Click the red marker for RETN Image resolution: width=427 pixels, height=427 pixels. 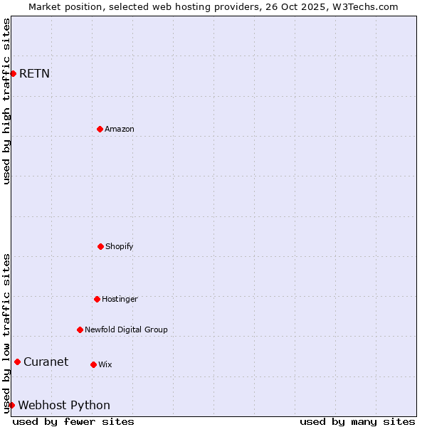(x=13, y=73)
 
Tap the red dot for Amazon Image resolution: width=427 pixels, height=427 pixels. (x=100, y=129)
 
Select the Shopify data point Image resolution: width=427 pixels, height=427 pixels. (x=100, y=246)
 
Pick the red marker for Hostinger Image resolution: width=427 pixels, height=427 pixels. (x=97, y=299)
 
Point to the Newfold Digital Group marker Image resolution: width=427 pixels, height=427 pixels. (x=80, y=330)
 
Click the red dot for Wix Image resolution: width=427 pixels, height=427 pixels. (x=93, y=364)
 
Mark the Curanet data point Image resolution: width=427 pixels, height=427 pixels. (x=17, y=362)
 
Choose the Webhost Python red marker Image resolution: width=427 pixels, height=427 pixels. (x=11, y=405)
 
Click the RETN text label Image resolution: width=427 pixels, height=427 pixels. (x=34, y=73)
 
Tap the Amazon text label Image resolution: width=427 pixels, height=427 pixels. (x=120, y=129)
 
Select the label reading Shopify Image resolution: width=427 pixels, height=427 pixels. (x=120, y=246)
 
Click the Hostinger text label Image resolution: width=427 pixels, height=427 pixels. (x=120, y=299)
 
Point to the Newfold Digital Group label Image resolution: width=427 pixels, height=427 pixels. (x=126, y=330)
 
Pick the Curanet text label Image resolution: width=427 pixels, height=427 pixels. (x=46, y=362)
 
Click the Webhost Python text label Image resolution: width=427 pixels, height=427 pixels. (x=64, y=405)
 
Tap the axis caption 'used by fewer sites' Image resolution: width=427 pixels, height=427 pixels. (x=73, y=421)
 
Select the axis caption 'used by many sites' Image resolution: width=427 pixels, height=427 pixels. (x=357, y=421)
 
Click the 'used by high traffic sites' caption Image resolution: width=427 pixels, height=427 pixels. (x=6, y=101)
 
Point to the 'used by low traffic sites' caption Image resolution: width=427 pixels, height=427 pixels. (x=6, y=333)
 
